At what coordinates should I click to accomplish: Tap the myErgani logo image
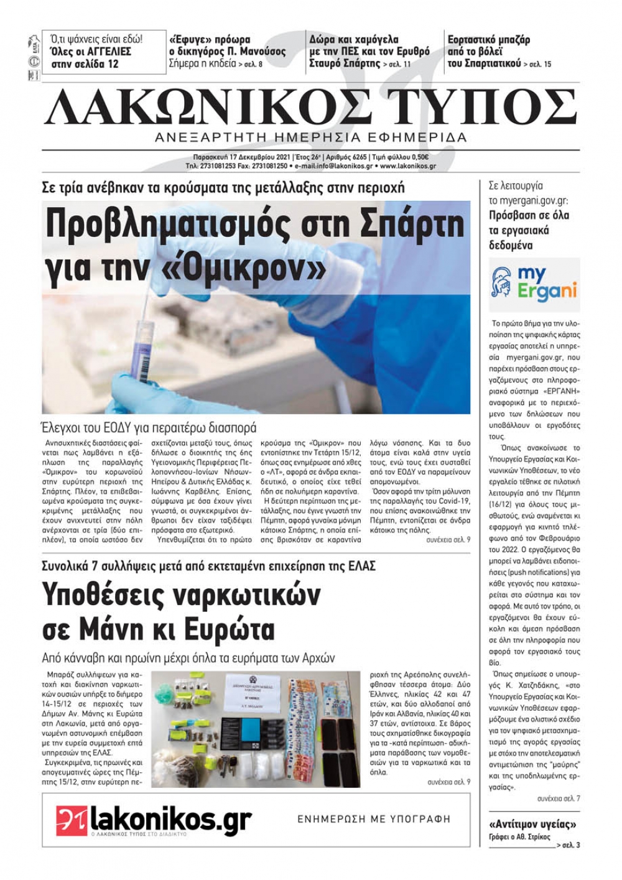[534, 284]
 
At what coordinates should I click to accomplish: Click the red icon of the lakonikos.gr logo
[71, 820]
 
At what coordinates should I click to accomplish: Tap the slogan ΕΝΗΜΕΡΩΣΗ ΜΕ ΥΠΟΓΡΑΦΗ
[374, 819]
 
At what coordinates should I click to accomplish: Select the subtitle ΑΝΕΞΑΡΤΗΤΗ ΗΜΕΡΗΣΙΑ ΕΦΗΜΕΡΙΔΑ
[310, 137]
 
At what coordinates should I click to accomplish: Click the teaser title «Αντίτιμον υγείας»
[533, 824]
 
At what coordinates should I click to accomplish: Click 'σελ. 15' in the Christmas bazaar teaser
[540, 64]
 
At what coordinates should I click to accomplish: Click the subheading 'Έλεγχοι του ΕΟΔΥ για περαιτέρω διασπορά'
[149, 427]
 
